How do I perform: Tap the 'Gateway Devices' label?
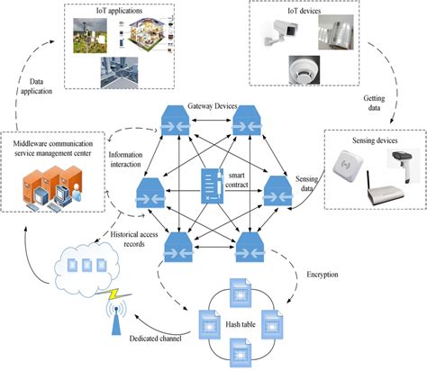213,106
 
